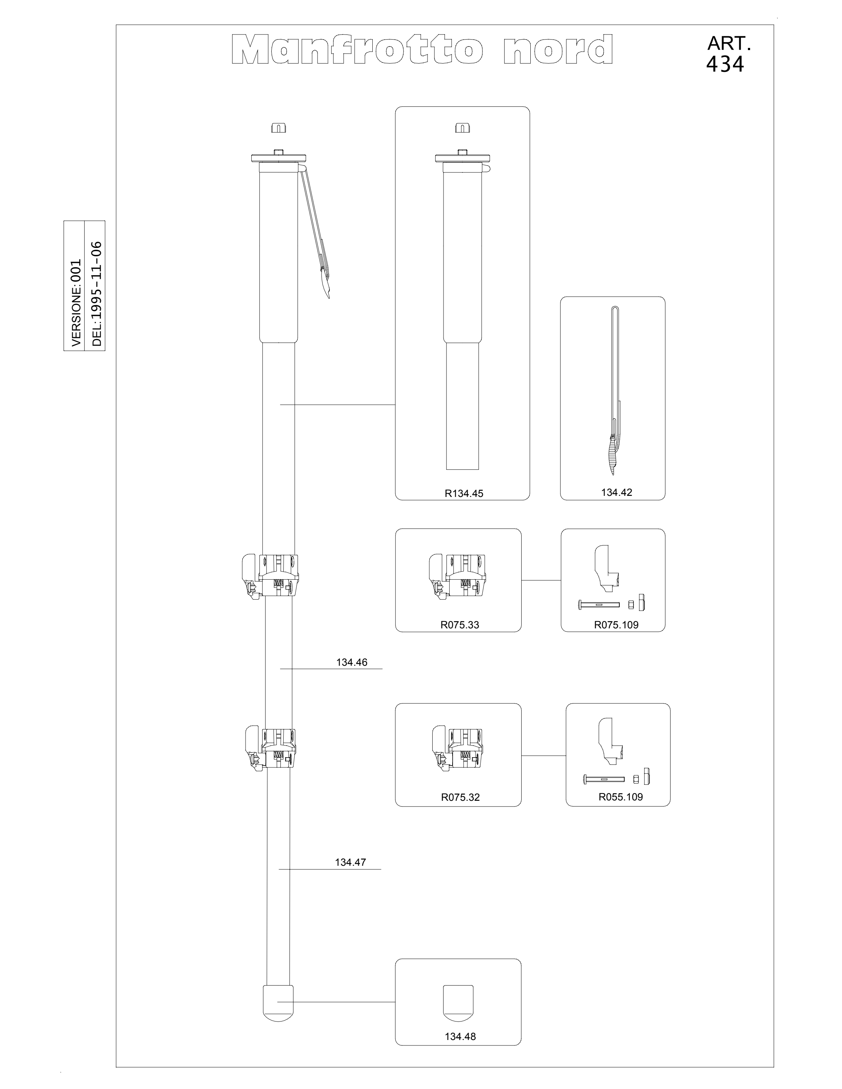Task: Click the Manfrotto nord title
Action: pyautogui.click(x=422, y=49)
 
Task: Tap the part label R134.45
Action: pyautogui.click(x=464, y=494)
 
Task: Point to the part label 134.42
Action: pyautogui.click(x=616, y=492)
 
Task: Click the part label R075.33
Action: pyautogui.click(x=460, y=625)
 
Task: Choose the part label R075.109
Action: pyautogui.click(x=616, y=625)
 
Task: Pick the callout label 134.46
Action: pyautogui.click(x=352, y=662)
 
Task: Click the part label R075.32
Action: pyautogui.click(x=460, y=797)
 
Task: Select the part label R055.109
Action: pyautogui.click(x=620, y=797)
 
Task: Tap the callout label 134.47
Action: pyautogui.click(x=350, y=862)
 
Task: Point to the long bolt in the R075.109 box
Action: pyautogui.click(x=599, y=605)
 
